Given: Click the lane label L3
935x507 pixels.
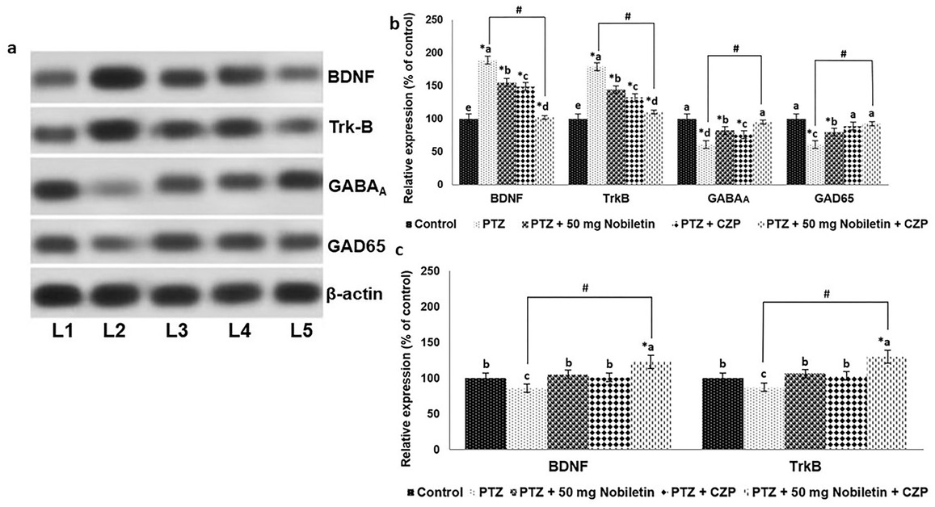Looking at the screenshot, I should [180, 332].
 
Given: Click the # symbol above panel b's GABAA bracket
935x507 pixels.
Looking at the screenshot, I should [735, 48].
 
